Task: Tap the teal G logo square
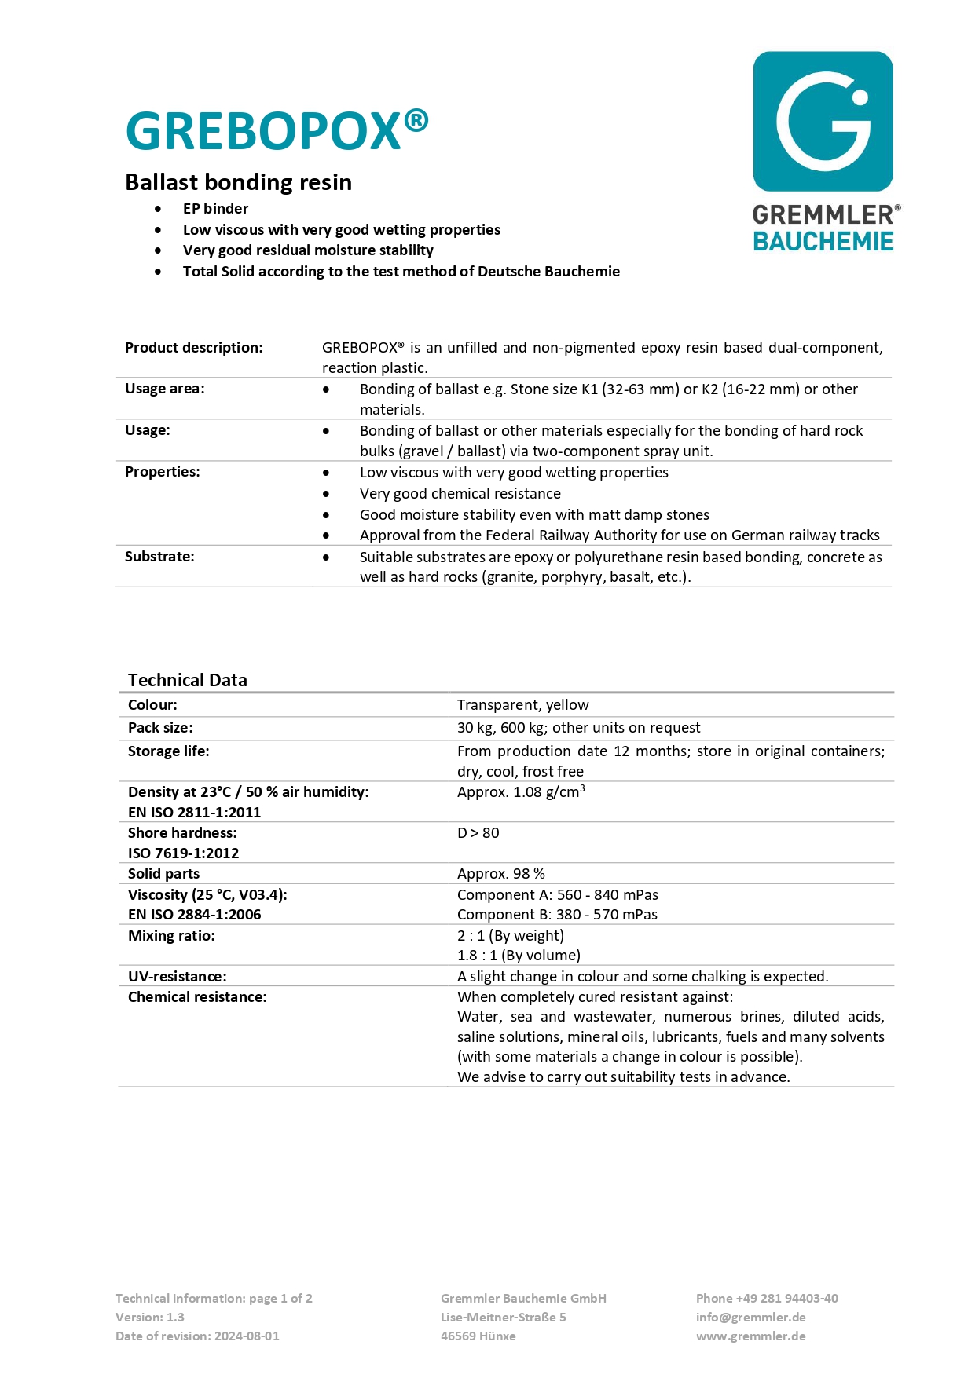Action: point(823,121)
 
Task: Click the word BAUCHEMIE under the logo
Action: point(823,241)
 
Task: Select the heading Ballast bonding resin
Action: point(238,182)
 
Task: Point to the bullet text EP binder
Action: point(215,208)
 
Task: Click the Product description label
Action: point(193,347)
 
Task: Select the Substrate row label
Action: point(159,556)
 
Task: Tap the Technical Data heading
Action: point(187,680)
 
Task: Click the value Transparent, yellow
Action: point(522,704)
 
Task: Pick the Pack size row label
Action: point(160,727)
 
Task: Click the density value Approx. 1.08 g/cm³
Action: point(521,791)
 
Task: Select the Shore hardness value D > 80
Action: point(478,832)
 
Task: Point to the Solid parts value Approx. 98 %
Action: point(500,873)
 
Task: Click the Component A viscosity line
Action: point(557,894)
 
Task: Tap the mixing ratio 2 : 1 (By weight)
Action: point(510,935)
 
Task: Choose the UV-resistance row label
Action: point(177,976)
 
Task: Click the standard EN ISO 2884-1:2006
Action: point(194,914)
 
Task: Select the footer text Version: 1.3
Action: point(150,1317)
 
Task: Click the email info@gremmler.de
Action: point(750,1317)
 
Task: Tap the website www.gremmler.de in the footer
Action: point(750,1336)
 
